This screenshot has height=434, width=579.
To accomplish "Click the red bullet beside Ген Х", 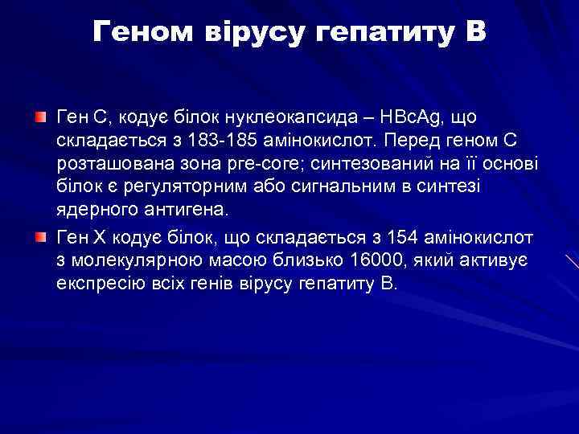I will tap(41, 239).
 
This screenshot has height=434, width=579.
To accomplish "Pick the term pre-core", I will tap(261, 165).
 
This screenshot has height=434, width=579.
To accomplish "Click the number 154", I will tap(401, 239).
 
